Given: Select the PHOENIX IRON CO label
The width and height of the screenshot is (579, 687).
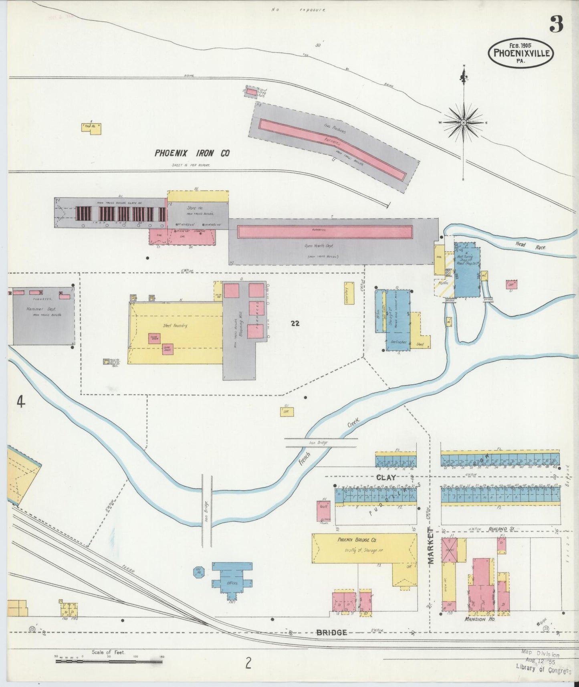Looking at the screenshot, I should pos(192,153).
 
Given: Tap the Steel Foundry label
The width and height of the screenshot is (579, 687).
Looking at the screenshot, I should pos(175,325).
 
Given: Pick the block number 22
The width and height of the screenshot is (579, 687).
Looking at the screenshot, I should pos(295,323).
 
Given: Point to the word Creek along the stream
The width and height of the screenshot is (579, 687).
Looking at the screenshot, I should pos(354,424).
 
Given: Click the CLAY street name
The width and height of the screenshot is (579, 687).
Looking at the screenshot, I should pos(386,477).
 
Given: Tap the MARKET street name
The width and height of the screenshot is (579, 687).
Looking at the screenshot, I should pos(431,546).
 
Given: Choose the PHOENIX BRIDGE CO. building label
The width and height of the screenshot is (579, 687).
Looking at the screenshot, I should pos(357,539).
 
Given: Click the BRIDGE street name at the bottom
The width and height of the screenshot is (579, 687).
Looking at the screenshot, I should pos(331,632).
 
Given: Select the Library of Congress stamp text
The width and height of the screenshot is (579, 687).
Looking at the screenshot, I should pos(544,667).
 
